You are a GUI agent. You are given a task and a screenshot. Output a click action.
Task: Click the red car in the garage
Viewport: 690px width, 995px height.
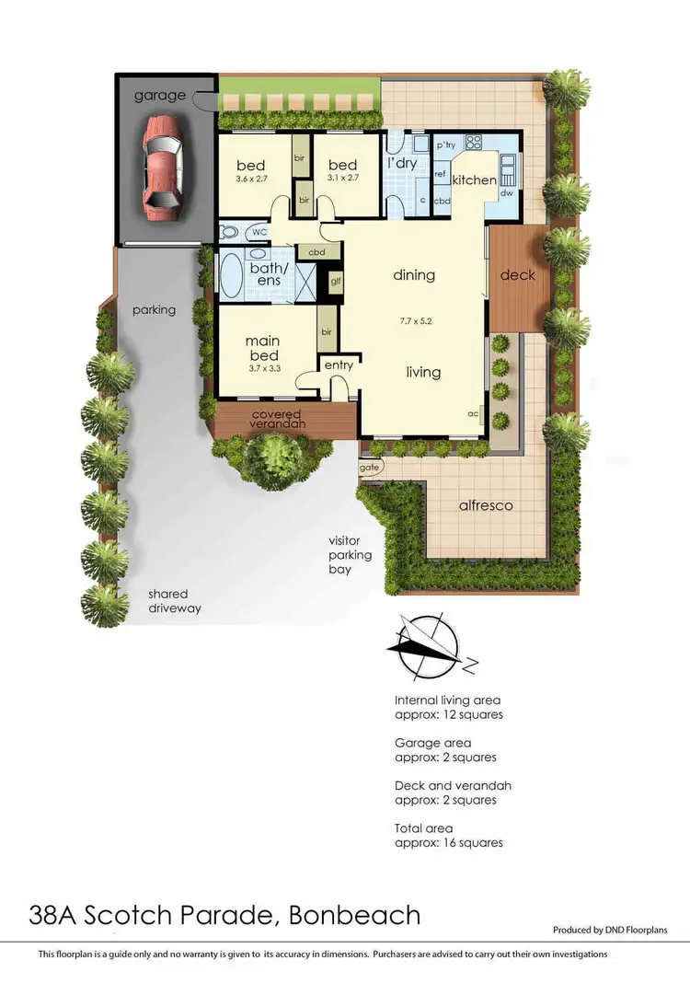click(x=162, y=167)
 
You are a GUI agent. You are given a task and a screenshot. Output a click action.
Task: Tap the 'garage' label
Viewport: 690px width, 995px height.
click(x=160, y=95)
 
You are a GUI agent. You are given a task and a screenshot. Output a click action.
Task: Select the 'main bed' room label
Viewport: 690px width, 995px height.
click(x=262, y=348)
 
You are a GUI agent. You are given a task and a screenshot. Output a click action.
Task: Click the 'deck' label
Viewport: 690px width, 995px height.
click(x=517, y=275)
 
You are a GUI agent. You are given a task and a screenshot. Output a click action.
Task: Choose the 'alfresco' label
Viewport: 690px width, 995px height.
click(x=486, y=505)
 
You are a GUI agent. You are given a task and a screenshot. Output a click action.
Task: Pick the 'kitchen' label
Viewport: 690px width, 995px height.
click(x=475, y=180)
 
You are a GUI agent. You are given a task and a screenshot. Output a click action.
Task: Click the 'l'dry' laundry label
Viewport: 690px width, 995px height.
click(x=403, y=163)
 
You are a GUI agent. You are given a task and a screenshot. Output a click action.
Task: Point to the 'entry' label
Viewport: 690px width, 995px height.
click(x=339, y=365)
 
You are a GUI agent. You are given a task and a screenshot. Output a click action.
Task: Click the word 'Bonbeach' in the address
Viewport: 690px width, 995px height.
click(x=354, y=915)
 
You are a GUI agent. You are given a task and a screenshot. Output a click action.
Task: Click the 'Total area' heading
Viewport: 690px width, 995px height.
click(x=423, y=828)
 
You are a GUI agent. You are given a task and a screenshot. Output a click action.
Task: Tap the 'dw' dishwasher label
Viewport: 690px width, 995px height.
click(x=507, y=194)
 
